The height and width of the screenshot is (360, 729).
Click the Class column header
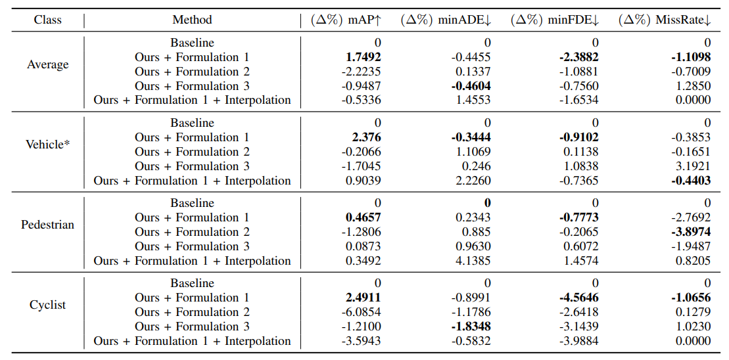click(x=47, y=20)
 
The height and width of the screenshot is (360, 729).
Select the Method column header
click(x=192, y=20)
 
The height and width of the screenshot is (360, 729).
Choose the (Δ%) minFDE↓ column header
click(x=555, y=20)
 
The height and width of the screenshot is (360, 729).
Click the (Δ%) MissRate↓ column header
click(x=665, y=20)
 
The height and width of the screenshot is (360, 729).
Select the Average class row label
click(x=47, y=64)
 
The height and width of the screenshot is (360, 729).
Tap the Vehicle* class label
click(x=47, y=145)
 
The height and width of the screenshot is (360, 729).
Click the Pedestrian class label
click(x=47, y=225)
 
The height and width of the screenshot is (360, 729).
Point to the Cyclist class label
click(x=47, y=305)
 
